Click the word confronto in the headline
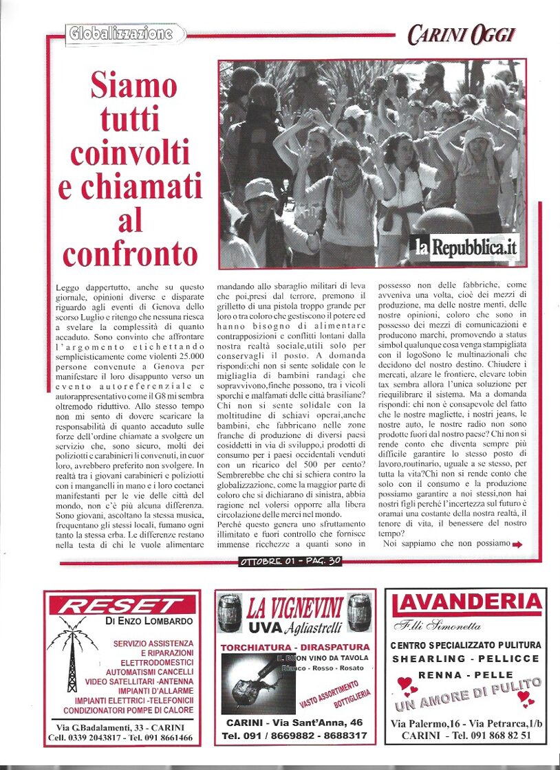[x=130, y=253]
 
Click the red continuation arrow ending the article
[x=517, y=544]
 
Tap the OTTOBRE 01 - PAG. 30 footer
[x=290, y=561]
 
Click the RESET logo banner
[x=122, y=606]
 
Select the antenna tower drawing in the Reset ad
[x=72, y=657]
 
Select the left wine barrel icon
[x=230, y=612]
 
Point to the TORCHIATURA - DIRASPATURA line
[x=293, y=648]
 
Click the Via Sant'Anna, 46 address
[x=294, y=723]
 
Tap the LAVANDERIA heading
[x=467, y=604]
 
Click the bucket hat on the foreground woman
[x=261, y=189]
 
